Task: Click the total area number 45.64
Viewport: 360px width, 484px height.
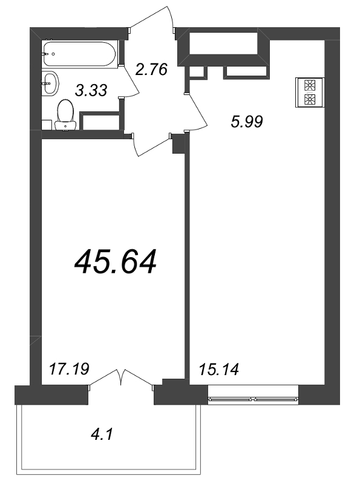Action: coord(115,261)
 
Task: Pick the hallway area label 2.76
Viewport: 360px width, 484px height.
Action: coord(151,69)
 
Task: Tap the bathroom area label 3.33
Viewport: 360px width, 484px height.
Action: coord(91,91)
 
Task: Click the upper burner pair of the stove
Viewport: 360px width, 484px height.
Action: coord(309,85)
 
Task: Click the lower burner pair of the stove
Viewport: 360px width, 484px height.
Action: coord(309,99)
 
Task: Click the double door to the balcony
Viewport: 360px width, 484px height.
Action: coord(122,378)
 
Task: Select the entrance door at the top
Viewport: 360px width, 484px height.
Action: coord(151,21)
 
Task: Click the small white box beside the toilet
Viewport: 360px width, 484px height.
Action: coord(46,124)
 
